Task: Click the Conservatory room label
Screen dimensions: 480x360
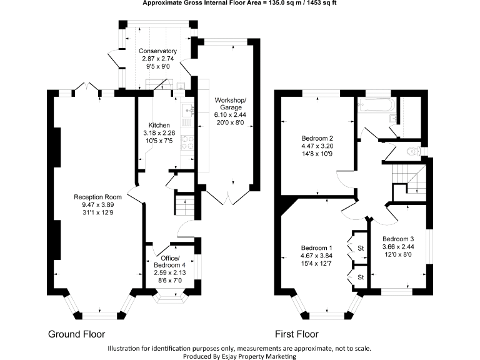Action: tap(157, 51)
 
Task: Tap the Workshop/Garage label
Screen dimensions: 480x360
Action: tap(231, 104)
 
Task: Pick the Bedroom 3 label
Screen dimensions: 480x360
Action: tap(398, 239)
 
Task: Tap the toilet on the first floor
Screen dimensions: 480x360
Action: tap(410, 151)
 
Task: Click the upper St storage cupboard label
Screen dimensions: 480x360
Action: tap(361, 249)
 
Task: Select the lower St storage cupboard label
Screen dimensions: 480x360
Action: tap(361, 276)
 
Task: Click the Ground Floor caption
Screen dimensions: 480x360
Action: tap(77, 334)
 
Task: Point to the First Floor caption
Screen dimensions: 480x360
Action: tap(297, 334)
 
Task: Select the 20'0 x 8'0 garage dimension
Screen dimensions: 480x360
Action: tap(231, 123)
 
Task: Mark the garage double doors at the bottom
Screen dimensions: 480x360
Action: tap(228, 196)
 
